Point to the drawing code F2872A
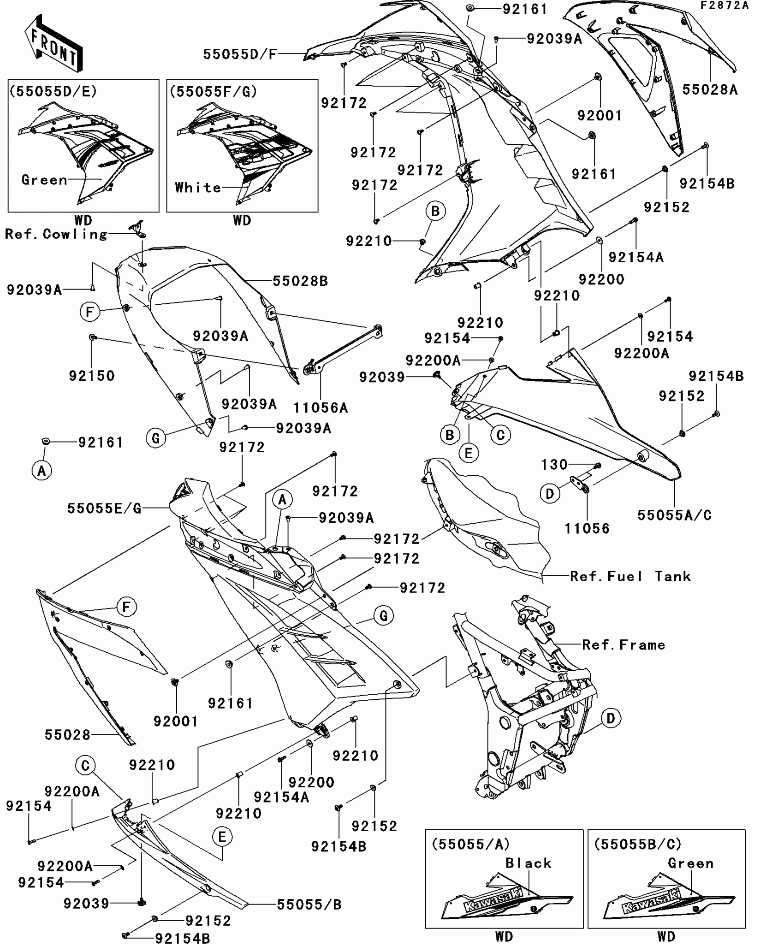pos(725,6)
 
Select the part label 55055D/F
pos(240,54)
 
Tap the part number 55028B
pos(300,281)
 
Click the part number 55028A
pos(710,89)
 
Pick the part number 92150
pos(92,376)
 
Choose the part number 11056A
pos(321,408)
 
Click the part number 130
pos(554,464)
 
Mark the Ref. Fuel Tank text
pos(630,576)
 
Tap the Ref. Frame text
pos(624,645)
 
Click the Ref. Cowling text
pos(56,234)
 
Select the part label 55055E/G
pos(104,508)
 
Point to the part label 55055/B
pos(309,905)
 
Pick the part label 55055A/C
pos(674,515)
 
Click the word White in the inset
pos(198,188)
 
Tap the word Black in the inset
pos(528,863)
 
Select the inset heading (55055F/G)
pos(213,91)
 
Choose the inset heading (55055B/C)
pos(637,844)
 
